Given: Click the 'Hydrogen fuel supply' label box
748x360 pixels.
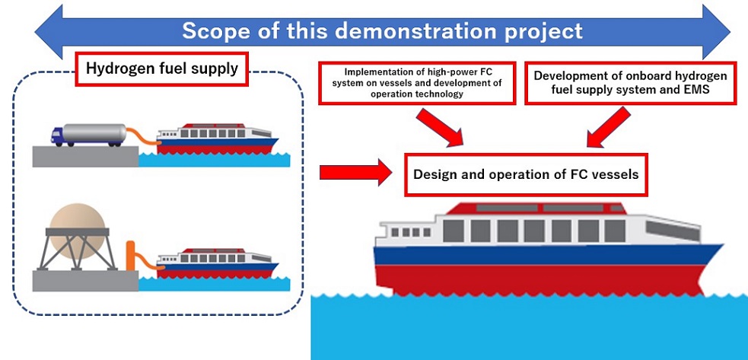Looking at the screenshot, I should click(161, 70).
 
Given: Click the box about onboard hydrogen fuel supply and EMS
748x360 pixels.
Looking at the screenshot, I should click(630, 83).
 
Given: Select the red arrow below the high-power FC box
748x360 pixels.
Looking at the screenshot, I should click(441, 126).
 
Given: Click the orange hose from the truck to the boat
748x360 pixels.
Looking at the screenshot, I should click(141, 137).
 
